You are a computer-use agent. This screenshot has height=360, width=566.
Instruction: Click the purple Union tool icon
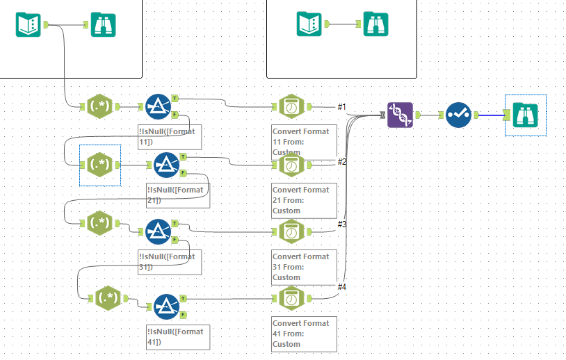tap(400, 115)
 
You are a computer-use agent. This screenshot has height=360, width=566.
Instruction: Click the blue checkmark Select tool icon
tap(458, 115)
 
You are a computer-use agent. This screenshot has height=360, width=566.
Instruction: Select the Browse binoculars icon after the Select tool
tap(526, 115)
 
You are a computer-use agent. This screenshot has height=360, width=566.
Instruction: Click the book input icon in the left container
tap(29, 25)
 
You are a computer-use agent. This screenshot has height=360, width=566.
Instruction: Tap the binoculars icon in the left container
tap(103, 25)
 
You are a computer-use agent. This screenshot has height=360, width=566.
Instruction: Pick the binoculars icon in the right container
tap(376, 24)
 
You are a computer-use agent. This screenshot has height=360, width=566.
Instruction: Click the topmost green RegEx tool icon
tap(97, 106)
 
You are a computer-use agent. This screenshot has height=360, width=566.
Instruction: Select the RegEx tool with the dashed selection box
tap(98, 165)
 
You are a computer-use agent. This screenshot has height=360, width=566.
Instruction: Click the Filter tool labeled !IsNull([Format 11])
tap(158, 106)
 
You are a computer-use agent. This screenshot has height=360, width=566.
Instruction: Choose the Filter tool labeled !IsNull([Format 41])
tap(166, 306)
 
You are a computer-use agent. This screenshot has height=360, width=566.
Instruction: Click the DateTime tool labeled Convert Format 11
tap(291, 107)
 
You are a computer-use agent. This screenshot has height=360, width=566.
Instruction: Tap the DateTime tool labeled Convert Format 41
tap(291, 300)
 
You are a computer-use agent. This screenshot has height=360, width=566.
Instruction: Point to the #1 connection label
tap(341, 106)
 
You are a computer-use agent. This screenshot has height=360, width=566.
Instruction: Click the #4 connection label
tap(341, 286)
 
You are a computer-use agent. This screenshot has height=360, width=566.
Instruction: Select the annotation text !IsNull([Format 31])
tap(170, 261)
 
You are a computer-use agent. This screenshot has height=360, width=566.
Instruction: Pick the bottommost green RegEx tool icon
tap(107, 298)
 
